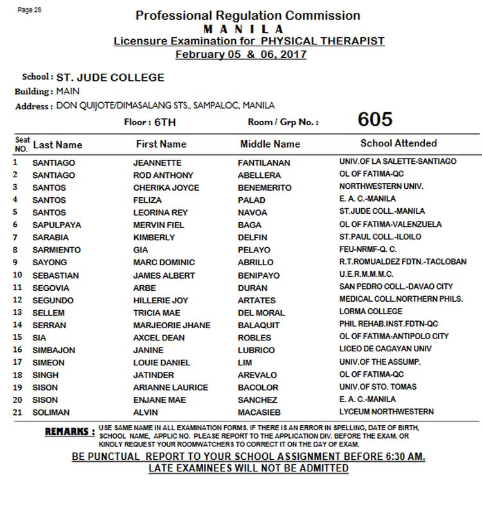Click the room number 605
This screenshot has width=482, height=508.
[375, 120]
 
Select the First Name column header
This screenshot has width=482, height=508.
[161, 144]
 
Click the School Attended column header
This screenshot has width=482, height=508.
[398, 143]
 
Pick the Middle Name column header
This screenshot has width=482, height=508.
[270, 144]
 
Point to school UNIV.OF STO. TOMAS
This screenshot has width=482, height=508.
[378, 387]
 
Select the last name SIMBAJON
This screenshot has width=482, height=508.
[55, 350]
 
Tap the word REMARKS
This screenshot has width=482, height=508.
[69, 432]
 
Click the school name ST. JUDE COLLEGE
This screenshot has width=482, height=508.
[111, 78]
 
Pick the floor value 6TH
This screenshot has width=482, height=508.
[162, 121]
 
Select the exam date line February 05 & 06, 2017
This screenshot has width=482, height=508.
[241, 54]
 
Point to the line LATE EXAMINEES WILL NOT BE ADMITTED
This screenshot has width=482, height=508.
[248, 468]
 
